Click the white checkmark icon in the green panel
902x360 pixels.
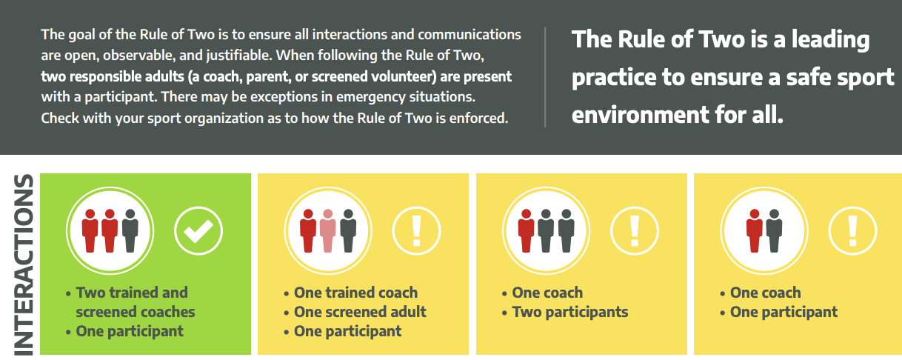(x=198, y=230)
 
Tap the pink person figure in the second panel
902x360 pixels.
(x=328, y=230)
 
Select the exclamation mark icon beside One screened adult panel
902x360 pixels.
(x=416, y=230)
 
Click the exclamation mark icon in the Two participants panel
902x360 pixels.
(x=635, y=230)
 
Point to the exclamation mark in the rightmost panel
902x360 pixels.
(x=852, y=230)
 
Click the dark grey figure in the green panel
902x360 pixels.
(x=130, y=230)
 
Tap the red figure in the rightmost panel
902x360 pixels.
(x=754, y=230)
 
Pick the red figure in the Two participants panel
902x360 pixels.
(x=526, y=230)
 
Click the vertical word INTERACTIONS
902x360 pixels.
(x=24, y=264)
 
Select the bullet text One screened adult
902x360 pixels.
(x=360, y=312)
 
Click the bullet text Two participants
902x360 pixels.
(x=569, y=312)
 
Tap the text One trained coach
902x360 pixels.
(x=355, y=293)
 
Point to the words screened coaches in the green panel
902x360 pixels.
(x=136, y=312)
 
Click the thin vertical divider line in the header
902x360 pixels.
(x=545, y=77)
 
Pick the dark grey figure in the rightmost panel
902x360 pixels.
(x=774, y=230)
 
